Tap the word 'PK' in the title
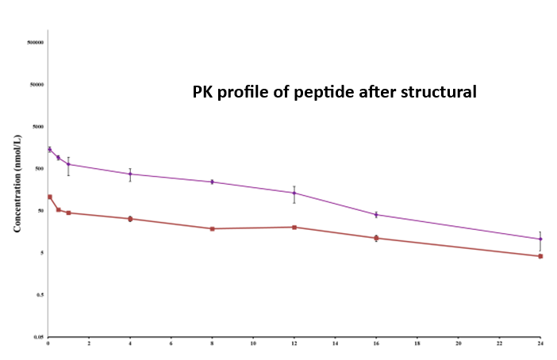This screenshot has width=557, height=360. pos(205,92)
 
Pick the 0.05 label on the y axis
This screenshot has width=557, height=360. pos(36,337)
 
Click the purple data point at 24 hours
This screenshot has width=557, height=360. pos(540,239)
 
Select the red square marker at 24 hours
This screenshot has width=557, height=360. pos(540,256)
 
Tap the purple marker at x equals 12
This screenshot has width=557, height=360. pos(294,193)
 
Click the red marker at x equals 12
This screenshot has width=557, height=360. pos(294,228)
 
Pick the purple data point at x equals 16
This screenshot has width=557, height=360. pos(376,215)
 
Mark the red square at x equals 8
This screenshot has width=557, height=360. pos(212,229)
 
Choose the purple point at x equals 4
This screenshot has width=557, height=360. pos(130,174)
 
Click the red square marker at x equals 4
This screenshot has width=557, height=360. pos(130,219)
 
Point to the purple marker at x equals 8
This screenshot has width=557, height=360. pos(212,182)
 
